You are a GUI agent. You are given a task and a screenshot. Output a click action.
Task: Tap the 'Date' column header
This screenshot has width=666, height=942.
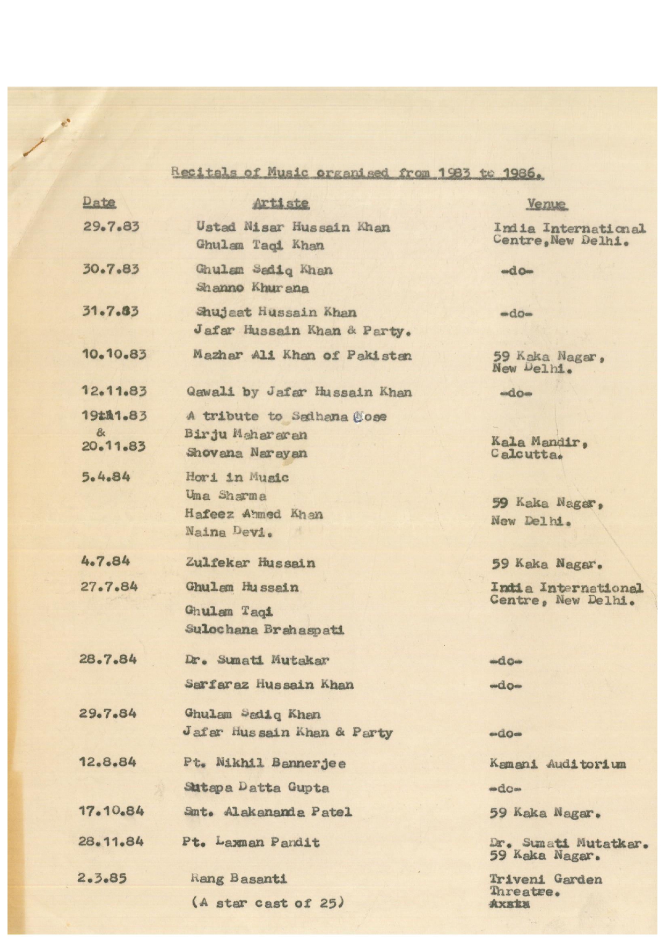(99, 203)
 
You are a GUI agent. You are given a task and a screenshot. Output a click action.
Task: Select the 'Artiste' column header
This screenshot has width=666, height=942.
(281, 203)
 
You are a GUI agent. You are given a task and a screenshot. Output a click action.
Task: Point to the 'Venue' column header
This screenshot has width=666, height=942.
(546, 204)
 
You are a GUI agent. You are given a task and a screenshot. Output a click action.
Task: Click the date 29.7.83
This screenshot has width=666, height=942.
(111, 227)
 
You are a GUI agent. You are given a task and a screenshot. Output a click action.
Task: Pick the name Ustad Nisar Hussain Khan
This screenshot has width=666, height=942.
(293, 227)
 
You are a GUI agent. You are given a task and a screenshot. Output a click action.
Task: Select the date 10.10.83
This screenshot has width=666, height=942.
(114, 354)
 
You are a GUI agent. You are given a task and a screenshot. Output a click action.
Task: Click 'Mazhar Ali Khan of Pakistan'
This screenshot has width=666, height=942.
(302, 355)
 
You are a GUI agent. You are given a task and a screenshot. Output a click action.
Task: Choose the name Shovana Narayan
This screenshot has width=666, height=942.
(246, 453)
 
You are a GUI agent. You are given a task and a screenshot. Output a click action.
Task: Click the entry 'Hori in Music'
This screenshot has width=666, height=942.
(237, 477)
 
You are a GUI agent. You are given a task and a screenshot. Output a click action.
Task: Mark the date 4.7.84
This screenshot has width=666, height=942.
(105, 561)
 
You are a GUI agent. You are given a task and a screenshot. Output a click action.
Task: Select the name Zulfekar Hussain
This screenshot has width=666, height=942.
(250, 563)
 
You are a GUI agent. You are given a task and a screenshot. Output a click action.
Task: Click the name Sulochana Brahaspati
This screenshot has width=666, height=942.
(264, 629)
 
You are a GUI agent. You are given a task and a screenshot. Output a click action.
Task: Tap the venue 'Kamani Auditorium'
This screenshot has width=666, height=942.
(557, 764)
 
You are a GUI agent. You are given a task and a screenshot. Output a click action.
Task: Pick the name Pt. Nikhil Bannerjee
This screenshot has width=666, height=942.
(264, 763)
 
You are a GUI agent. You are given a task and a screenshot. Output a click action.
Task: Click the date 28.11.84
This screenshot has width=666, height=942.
(111, 841)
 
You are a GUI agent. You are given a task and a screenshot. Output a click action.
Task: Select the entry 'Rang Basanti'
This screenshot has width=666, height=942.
(239, 879)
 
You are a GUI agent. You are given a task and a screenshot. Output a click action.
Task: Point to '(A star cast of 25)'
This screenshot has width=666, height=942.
(267, 903)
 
